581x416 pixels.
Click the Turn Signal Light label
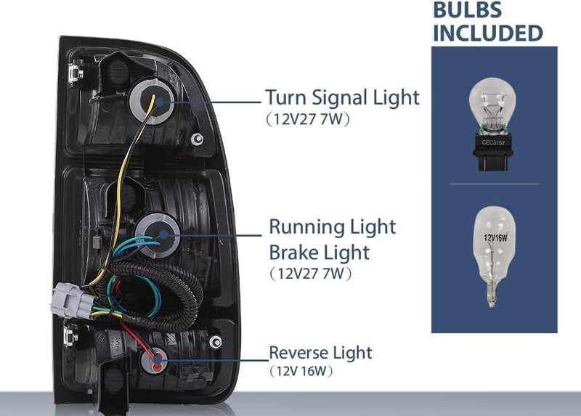coord(342,98)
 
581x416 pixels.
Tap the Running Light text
coord(333,227)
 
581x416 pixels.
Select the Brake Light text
coord(319,253)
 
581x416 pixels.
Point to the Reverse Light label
coord(320,353)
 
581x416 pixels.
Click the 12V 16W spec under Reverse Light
coord(301,371)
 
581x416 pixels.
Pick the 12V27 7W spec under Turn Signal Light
coord(308,119)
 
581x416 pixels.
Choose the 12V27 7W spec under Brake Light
coord(311,274)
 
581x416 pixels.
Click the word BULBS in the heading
coord(467,9)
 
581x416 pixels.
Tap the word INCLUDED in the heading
coord(487,33)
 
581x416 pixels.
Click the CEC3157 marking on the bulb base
coord(493,142)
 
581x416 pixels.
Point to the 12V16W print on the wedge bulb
coord(495,237)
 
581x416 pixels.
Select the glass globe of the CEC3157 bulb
coord(492,105)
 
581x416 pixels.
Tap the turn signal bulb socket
coord(152,101)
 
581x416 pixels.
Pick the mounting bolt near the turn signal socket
coord(197,139)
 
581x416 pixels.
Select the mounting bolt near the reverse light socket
coord(215,341)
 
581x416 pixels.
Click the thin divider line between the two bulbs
coord(495,184)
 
